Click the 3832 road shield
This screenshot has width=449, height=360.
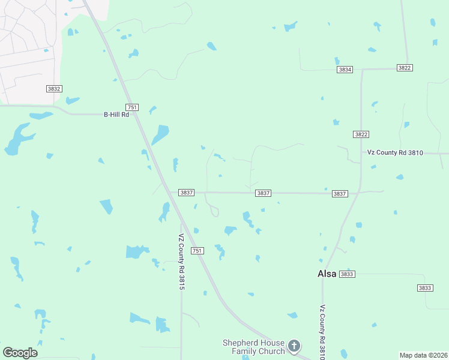54,89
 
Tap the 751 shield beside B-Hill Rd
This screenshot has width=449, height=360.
133,107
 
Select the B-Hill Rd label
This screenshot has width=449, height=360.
116,114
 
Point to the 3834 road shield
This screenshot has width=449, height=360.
345,70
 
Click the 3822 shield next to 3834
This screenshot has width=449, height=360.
405,68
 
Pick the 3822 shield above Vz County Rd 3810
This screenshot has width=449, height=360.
361,134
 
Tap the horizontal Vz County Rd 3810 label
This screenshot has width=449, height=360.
396,152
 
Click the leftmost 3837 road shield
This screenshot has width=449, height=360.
186,193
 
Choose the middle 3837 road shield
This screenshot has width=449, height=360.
263,193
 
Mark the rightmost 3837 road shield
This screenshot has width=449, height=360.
340,194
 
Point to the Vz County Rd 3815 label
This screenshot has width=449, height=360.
181,262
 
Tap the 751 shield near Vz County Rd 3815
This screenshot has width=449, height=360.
197,250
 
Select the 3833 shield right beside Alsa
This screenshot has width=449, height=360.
347,274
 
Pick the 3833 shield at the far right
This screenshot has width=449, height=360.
425,288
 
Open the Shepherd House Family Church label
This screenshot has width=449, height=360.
253,347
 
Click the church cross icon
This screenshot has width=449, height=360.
294,346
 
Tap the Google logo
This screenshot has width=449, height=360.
20,353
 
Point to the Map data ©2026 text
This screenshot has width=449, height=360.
423,355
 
